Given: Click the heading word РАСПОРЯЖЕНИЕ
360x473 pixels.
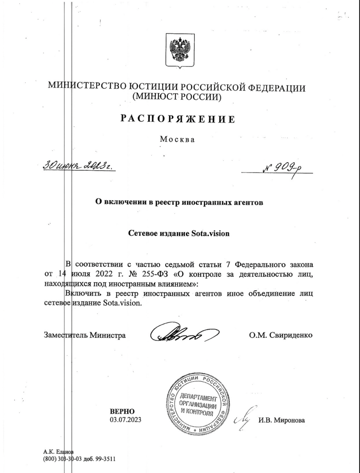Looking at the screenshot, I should point(177,119).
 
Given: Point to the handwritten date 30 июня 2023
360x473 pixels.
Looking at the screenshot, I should point(77,167).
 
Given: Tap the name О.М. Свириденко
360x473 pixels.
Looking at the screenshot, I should point(281,335).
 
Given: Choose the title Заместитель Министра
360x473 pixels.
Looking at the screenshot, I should point(84,335).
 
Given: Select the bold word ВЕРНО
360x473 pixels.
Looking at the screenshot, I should point(122,412).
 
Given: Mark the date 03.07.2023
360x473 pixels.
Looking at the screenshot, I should point(122,420).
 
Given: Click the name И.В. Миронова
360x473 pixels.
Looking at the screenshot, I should point(281,420).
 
